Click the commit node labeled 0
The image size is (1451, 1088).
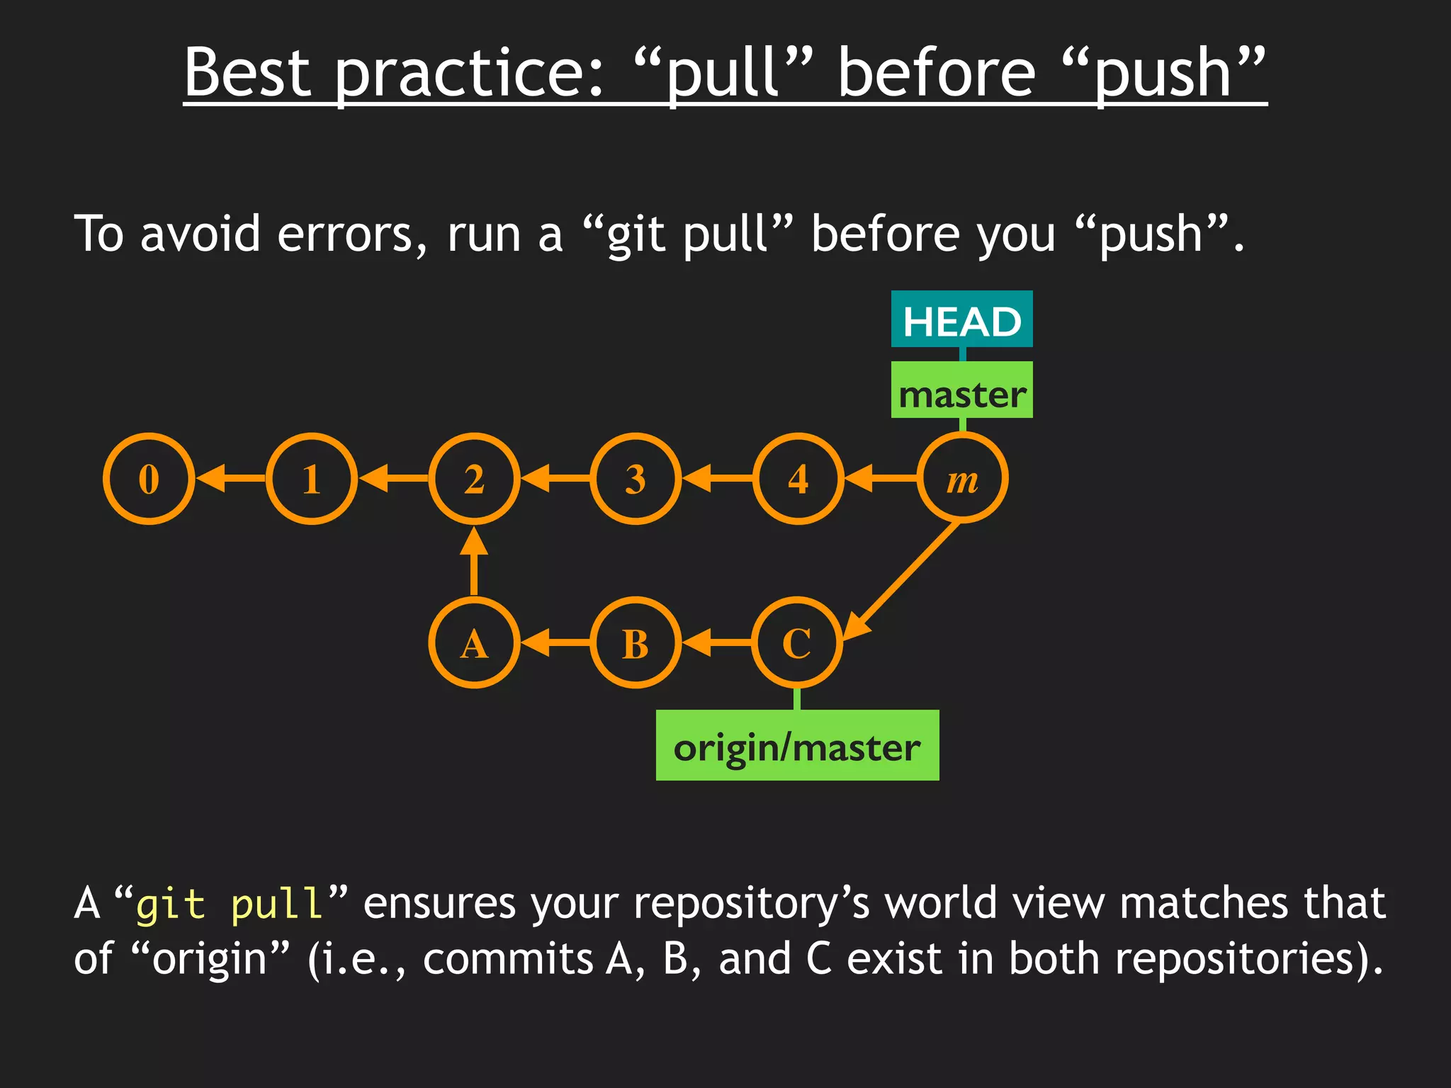click(x=149, y=479)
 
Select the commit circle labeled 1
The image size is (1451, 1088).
click(x=312, y=479)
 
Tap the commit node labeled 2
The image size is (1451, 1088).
click(x=474, y=479)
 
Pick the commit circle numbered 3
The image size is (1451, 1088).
click(x=636, y=479)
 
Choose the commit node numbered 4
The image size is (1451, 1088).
click(x=798, y=479)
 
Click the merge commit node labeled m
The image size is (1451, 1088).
click(x=962, y=479)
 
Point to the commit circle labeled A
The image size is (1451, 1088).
click(x=474, y=643)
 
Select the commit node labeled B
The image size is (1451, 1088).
click(x=636, y=643)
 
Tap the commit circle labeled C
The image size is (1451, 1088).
click(x=797, y=643)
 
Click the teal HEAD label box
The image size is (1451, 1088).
click(x=961, y=319)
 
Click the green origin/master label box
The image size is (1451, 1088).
click(x=797, y=745)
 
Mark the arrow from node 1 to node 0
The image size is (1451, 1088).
click(x=231, y=479)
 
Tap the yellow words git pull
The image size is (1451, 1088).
click(x=230, y=905)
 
